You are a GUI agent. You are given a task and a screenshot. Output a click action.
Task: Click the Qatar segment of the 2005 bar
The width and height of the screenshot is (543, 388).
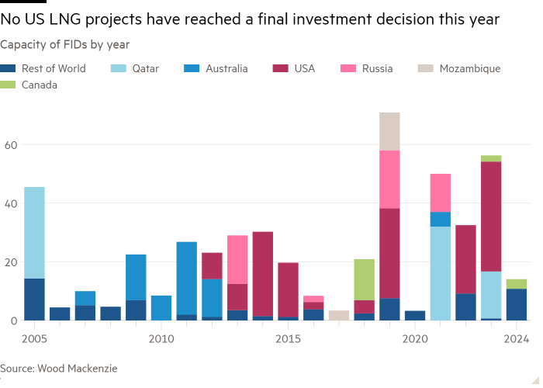coord(34,232)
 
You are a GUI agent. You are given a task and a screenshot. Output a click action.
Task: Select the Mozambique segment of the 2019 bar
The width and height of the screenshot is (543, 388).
coord(389,131)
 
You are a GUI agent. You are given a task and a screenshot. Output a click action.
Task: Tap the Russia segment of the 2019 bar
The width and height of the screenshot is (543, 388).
coord(389,179)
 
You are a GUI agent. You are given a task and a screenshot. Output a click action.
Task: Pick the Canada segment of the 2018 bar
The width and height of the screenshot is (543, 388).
coord(364,279)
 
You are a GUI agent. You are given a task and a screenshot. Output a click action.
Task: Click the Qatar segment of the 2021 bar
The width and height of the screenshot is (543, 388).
coord(440,273)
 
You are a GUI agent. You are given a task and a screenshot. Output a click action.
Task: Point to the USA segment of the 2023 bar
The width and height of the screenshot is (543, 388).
coord(491,217)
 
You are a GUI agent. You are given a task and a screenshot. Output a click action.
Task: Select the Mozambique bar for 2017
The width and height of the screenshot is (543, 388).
coord(339,315)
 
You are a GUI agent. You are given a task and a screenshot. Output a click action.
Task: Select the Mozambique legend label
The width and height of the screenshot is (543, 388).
coord(469,69)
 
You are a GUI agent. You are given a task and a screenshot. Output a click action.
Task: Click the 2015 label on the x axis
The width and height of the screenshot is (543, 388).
coord(288,339)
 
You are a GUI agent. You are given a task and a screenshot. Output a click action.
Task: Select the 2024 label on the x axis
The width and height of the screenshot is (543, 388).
coord(516,339)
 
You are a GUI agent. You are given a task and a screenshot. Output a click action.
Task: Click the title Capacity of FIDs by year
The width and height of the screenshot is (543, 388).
coord(64,44)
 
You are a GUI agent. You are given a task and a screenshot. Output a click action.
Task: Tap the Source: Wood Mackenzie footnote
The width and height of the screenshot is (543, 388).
coord(59,369)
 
